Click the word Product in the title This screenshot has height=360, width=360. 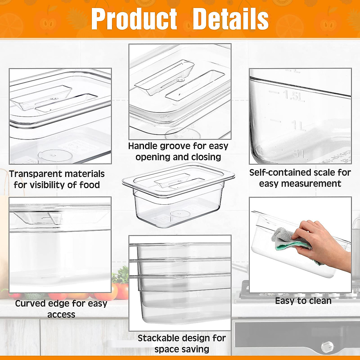134,19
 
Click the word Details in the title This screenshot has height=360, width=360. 230,19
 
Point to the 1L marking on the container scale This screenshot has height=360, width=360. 298,126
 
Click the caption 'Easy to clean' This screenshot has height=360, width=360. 303,301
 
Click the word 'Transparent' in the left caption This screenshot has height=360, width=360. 36,174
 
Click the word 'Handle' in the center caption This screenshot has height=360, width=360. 143,146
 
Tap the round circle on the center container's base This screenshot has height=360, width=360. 180,214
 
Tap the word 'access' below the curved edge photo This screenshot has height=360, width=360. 61,314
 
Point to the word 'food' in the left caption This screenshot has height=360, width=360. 90,185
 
